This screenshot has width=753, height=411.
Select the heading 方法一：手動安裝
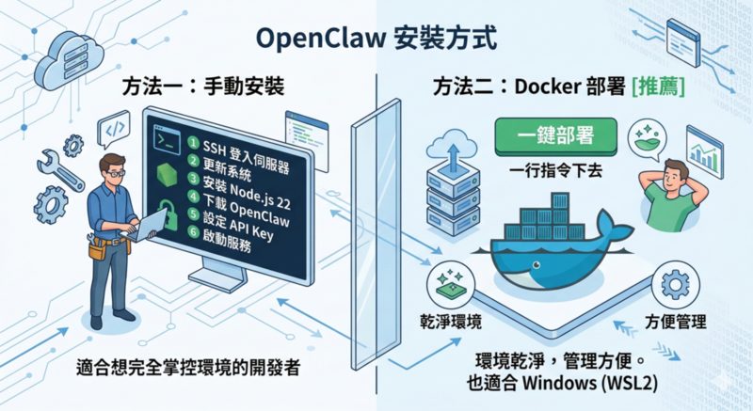click(202, 88)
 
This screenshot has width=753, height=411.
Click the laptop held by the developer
click(150, 226)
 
